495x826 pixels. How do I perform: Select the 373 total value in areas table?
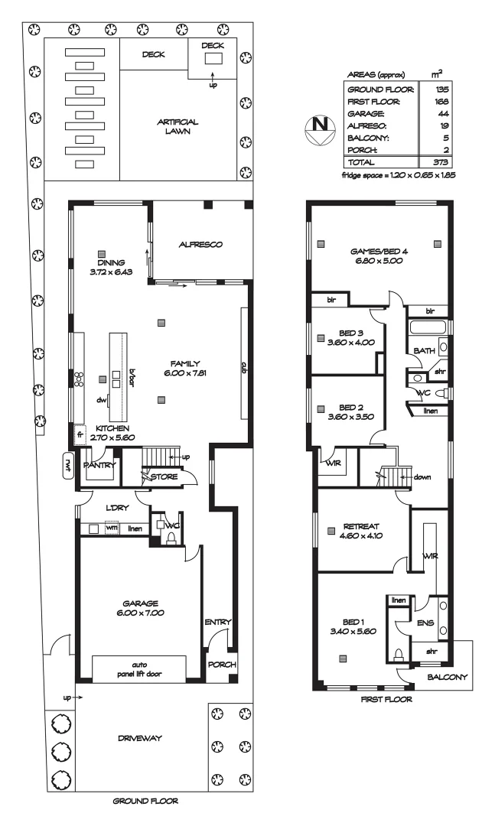(x=439, y=162)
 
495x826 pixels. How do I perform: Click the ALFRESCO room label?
(x=200, y=245)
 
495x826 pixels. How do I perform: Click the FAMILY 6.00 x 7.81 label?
(x=186, y=368)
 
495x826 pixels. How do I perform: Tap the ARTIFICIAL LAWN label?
(x=177, y=126)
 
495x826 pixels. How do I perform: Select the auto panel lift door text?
(x=138, y=669)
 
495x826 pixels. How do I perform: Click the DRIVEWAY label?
(x=142, y=738)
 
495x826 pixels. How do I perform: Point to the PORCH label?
(x=221, y=664)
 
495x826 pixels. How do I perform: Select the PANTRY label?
(x=100, y=464)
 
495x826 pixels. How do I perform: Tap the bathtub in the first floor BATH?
(x=429, y=328)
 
